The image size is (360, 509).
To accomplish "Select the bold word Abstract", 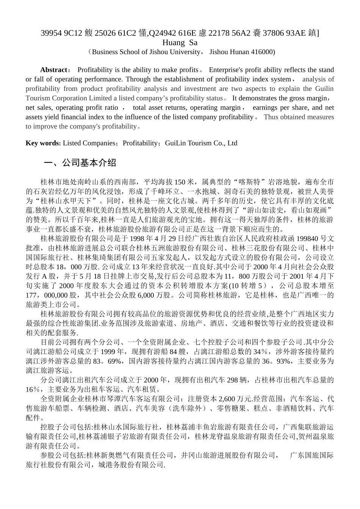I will click(53, 70).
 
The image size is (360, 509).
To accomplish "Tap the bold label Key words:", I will click(43, 143).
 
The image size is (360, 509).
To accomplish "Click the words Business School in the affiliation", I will click(114, 52).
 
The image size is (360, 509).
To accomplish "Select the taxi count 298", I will click(232, 380).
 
